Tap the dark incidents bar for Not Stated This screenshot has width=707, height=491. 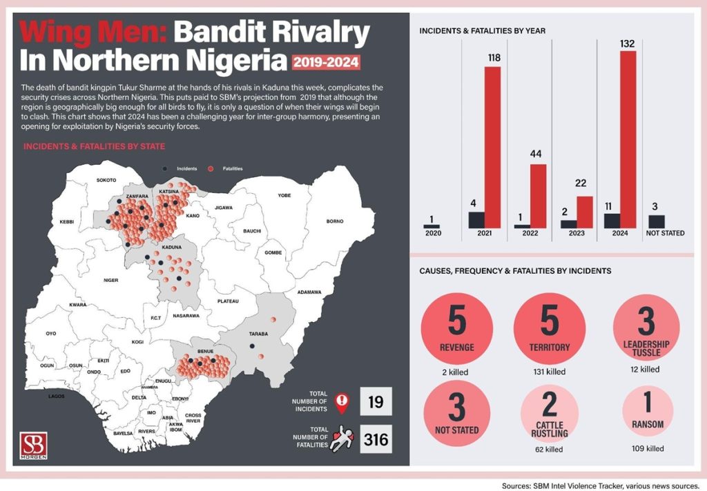tap(657, 221)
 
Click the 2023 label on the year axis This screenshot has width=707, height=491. tap(577, 234)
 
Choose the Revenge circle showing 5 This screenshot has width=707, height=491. tap(456, 328)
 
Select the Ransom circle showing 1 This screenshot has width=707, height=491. tap(647, 411)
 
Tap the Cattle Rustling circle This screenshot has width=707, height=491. tap(550, 411)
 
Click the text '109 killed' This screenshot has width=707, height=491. tap(647, 448)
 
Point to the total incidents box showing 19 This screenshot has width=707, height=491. tap(376, 401)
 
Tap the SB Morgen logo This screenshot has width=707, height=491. tap(35, 446)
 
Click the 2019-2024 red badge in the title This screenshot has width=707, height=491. tap(326, 63)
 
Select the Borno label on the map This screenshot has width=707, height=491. tap(334, 221)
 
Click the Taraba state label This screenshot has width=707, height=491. tap(258, 334)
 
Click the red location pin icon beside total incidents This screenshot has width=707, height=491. tap(339, 402)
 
